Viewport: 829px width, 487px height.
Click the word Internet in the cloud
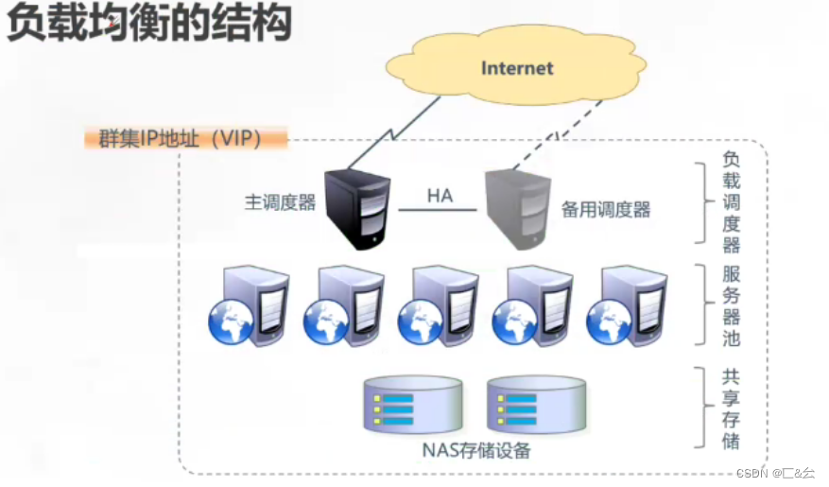click(x=517, y=68)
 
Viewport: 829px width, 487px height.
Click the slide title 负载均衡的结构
click(x=148, y=22)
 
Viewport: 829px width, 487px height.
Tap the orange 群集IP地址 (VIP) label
click(x=185, y=139)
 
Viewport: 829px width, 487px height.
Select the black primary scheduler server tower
click(x=357, y=209)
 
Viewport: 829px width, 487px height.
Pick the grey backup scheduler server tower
click(x=518, y=209)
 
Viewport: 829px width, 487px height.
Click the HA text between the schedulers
click(x=440, y=196)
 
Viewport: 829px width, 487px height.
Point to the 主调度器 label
click(x=280, y=202)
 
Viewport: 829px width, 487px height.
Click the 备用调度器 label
click(x=606, y=210)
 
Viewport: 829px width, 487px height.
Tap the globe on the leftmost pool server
click(x=231, y=322)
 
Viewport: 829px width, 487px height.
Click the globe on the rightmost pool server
click(x=609, y=322)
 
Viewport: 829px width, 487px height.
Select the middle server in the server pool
click(x=439, y=305)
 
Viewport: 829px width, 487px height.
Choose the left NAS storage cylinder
click(x=413, y=405)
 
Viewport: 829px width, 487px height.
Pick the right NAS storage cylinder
click(x=536, y=405)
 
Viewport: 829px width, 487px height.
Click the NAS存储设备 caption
click(x=475, y=450)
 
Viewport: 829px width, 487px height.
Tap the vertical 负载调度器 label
click(x=732, y=202)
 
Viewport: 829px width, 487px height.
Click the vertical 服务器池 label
click(x=732, y=305)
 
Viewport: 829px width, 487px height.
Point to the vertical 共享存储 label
click(x=731, y=409)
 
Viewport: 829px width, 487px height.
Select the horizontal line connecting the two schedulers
click(x=438, y=210)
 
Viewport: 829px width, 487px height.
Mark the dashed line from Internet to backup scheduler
click(x=558, y=135)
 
